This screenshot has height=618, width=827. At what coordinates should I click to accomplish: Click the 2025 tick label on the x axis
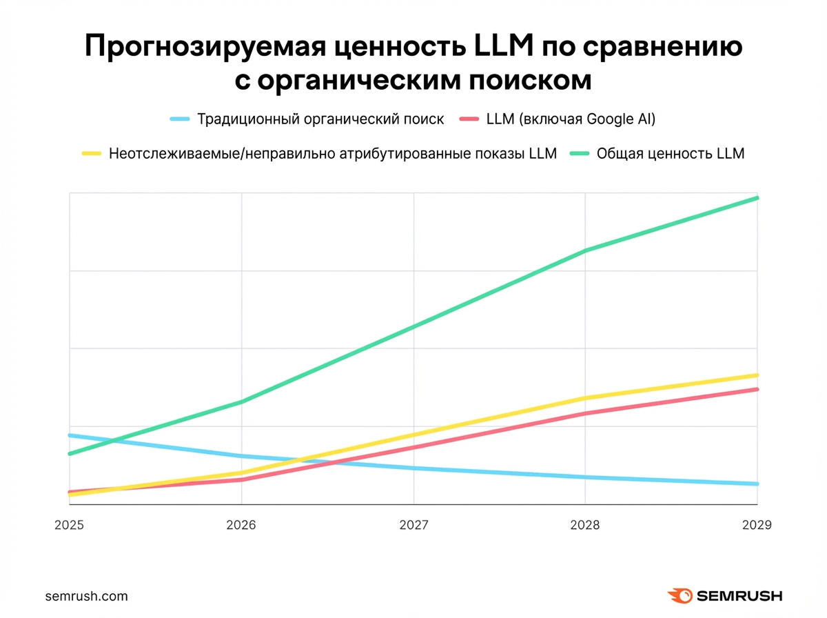point(68,525)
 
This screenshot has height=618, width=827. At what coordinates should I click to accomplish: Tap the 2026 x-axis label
point(241,525)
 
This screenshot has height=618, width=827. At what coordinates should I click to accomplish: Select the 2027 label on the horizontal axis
point(413,525)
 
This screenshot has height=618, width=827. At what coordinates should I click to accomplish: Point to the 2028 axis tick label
point(585,525)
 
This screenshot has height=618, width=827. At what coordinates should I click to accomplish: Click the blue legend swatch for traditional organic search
point(180,119)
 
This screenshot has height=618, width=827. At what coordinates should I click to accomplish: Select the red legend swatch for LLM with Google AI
point(468,119)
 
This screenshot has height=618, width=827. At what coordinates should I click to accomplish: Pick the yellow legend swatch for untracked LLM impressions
point(92,154)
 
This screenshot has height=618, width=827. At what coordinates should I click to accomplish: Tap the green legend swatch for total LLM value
point(579,154)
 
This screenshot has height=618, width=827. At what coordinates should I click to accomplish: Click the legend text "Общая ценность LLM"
point(671,154)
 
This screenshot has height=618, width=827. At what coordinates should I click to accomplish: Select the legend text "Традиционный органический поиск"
point(320,119)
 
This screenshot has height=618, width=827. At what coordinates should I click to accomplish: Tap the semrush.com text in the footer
point(86,596)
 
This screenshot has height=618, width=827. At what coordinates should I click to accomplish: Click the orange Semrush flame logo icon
point(680,596)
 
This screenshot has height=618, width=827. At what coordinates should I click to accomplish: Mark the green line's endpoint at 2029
point(757,198)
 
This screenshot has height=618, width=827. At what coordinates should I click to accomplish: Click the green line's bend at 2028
point(585,250)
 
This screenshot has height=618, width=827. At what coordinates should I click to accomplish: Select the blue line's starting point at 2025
point(69,435)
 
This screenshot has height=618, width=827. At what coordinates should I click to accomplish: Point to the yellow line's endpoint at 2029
point(757,375)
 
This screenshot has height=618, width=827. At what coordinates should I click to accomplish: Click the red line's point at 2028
point(585,413)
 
